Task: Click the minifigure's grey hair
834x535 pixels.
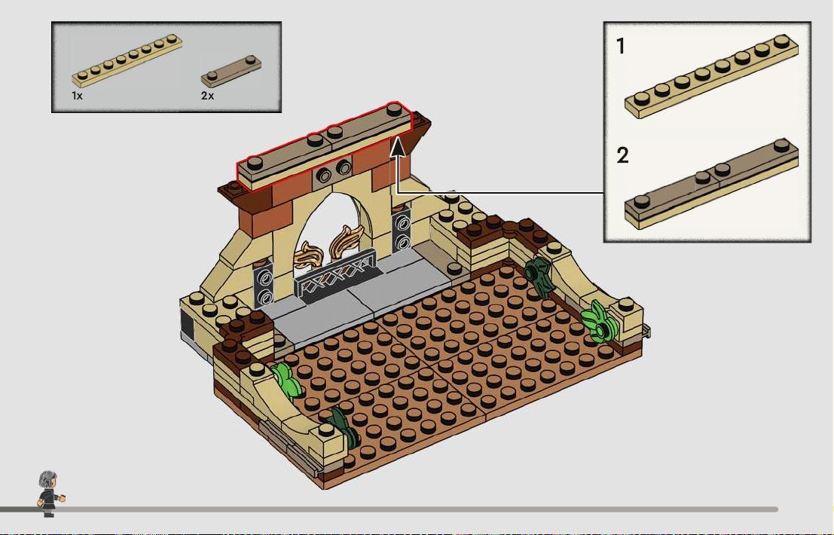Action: click(x=48, y=478)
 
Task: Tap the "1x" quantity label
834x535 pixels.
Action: click(x=77, y=96)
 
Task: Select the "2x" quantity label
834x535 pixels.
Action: click(x=207, y=96)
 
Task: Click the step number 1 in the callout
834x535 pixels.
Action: click(x=620, y=46)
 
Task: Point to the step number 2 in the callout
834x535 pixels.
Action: click(x=622, y=155)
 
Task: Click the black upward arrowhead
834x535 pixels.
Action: click(x=399, y=147)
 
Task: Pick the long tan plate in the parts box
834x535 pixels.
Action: click(x=127, y=60)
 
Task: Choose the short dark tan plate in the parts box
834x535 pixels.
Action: click(x=231, y=71)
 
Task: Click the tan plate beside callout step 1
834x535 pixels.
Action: click(x=712, y=76)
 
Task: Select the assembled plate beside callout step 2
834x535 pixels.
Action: click(x=712, y=184)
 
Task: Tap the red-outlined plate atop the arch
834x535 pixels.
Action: click(x=325, y=145)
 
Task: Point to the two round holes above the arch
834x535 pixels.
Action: click(x=334, y=171)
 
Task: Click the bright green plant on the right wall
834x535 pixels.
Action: click(x=599, y=321)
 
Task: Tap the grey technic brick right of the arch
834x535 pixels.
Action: click(x=402, y=230)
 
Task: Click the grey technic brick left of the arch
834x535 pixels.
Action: click(x=264, y=285)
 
